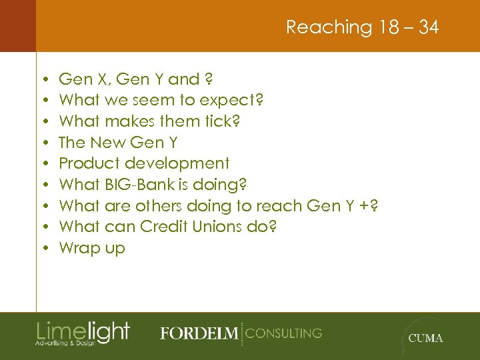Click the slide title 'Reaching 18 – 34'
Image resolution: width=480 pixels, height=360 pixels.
coord(362,27)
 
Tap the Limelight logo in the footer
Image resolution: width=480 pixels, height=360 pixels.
coord(83,332)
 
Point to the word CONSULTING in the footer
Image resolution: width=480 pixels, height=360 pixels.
coord(283,333)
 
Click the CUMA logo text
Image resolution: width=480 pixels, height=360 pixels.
coord(425,338)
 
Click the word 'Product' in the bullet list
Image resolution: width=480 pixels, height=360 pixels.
coord(85,163)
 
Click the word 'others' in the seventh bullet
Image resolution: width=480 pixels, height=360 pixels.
coord(157,206)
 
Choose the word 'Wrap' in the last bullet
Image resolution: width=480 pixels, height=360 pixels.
coord(79,248)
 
